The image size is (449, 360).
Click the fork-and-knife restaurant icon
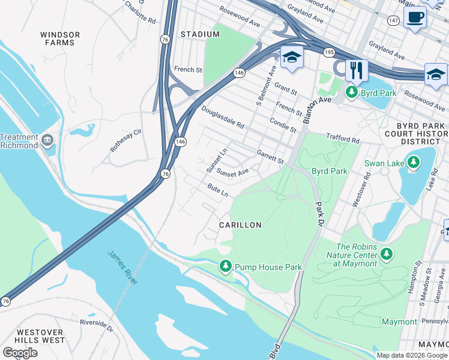pyautogui.click(x=357, y=70)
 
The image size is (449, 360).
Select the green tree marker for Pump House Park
pyautogui.click(x=226, y=266)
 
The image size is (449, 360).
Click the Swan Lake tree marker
pyautogui.click(x=412, y=162)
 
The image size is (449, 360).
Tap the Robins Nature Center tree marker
pyautogui.click(x=387, y=254)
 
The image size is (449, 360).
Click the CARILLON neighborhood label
pyautogui.click(x=240, y=225)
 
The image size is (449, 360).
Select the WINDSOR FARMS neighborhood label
pyautogui.click(x=60, y=38)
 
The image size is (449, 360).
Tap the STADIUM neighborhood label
pyautogui.click(x=200, y=35)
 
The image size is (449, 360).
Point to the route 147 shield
pyautogui.click(x=393, y=20)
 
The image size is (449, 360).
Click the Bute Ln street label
pyautogui.click(x=218, y=191)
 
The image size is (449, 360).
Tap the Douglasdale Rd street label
pyautogui.click(x=223, y=118)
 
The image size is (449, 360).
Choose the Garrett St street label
pyautogui.click(x=270, y=157)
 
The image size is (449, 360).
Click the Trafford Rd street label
pyautogui.click(x=342, y=138)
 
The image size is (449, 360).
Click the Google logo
pyautogui.click(x=20, y=353)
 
